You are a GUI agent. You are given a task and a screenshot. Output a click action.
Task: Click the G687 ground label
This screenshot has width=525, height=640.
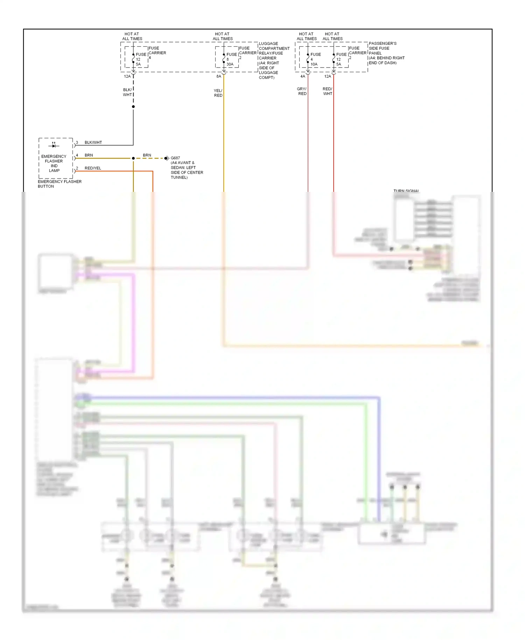pyautogui.click(x=175, y=158)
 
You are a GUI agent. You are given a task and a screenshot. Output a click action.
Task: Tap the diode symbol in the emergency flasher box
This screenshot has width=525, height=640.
pyautogui.click(x=54, y=145)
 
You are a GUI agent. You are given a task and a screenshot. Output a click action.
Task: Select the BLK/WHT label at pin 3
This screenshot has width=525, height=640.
pyautogui.click(x=93, y=142)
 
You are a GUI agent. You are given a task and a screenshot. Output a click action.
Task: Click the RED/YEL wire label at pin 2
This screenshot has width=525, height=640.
pyautogui.click(x=93, y=168)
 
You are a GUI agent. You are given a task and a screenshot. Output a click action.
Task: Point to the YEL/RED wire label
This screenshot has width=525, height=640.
pyautogui.click(x=218, y=93)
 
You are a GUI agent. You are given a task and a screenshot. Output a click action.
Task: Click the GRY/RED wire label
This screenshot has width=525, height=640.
pyautogui.click(x=302, y=91)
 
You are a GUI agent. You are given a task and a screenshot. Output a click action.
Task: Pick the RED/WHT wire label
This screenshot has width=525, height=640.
pyautogui.click(x=327, y=91)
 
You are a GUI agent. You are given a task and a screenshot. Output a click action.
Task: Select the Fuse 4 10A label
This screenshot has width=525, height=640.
pyautogui.click(x=315, y=59)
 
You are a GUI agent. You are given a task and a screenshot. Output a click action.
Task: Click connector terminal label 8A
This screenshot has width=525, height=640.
pyautogui.click(x=219, y=76)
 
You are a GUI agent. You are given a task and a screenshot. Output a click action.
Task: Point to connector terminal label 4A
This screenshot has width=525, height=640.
pyautogui.click(x=303, y=76)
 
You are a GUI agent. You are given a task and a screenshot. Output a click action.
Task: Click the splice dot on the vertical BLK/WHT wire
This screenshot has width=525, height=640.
pyautogui.click(x=133, y=106)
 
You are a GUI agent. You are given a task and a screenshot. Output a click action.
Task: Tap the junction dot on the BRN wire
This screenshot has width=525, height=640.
pyautogui.click(x=133, y=158)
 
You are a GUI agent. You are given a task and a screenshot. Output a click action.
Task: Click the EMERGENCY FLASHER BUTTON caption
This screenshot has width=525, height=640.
pyautogui.click(x=59, y=184)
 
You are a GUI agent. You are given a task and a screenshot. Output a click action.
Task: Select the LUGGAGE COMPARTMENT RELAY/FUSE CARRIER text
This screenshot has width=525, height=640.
pyautogui.click(x=274, y=61)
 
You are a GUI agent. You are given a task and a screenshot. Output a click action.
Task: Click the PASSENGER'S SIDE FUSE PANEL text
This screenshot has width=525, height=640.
pyautogui.click(x=386, y=53)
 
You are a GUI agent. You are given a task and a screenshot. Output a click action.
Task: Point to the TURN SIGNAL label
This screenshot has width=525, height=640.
pyautogui.click(x=406, y=191)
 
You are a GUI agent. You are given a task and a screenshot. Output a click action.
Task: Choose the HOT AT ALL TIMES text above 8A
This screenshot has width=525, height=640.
pyautogui.click(x=223, y=36)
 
